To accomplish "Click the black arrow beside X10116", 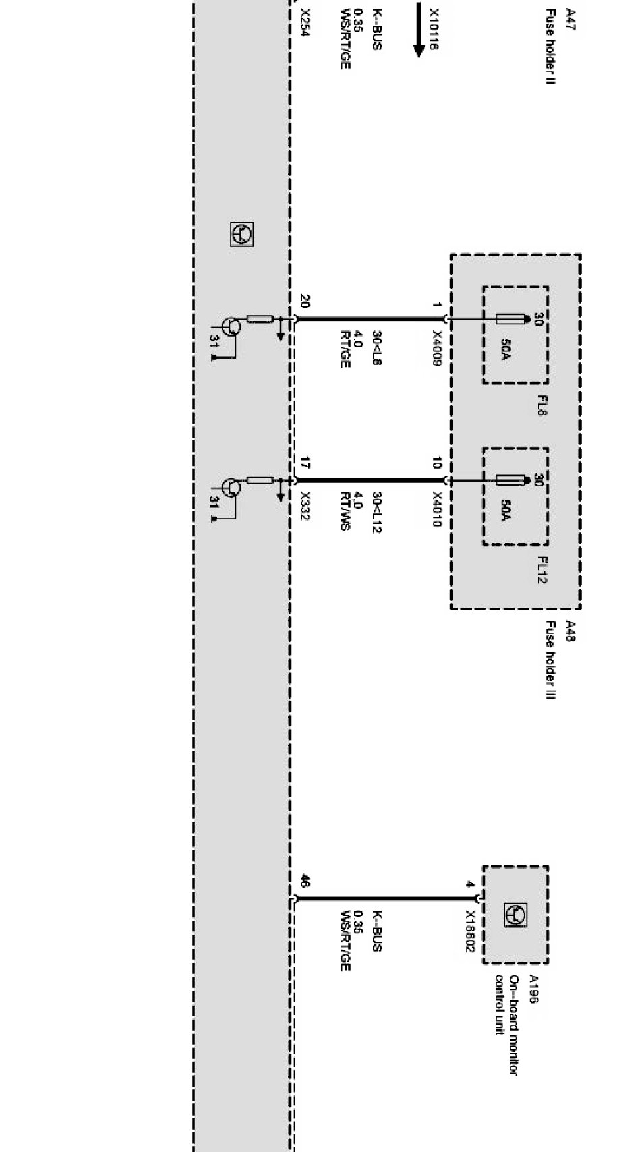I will (419, 30).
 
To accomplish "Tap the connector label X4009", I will (436, 348).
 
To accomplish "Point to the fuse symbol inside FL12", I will (512, 480).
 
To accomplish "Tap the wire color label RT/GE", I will (345, 349).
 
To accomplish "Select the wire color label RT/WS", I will (345, 511).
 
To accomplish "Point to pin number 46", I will (305, 881).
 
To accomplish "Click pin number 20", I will (305, 301).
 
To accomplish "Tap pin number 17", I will (305, 463).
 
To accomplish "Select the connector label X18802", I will (470, 932).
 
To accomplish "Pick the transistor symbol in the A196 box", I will (516, 915).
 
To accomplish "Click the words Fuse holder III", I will (550, 660).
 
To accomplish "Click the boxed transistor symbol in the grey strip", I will (242, 234).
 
